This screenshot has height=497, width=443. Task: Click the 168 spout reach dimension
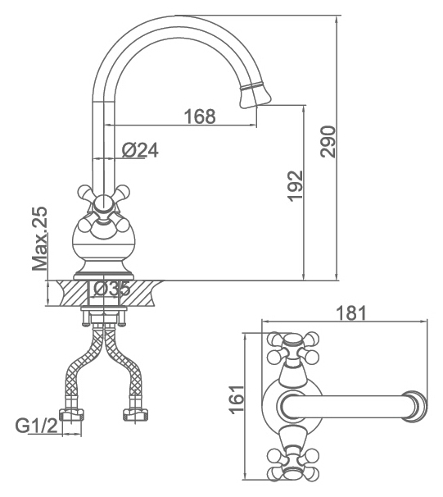pyautogui.click(x=200, y=116)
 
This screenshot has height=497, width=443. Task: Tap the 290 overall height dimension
pyautogui.click(x=328, y=142)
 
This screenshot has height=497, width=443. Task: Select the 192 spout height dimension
pyautogui.click(x=296, y=186)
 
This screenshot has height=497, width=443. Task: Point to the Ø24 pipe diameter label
pyautogui.click(x=140, y=150)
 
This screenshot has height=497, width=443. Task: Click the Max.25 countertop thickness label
pyautogui.click(x=40, y=239)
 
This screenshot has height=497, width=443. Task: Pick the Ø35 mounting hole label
pyautogui.click(x=112, y=289)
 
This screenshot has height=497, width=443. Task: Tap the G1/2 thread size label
pyautogui.click(x=38, y=426)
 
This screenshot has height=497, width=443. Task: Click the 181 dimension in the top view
pyautogui.click(x=351, y=312)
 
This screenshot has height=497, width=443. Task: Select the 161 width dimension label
pyautogui.click(x=237, y=399)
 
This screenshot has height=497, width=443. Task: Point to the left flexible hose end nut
pyautogui.click(x=72, y=415)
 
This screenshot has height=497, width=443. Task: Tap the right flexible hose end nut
pyautogui.click(x=135, y=415)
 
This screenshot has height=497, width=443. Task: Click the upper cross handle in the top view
pyautogui.click(x=292, y=349)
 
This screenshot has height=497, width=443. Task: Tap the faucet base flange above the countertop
pyautogui.click(x=103, y=275)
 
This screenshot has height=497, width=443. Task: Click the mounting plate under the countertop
pyautogui.click(x=104, y=308)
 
